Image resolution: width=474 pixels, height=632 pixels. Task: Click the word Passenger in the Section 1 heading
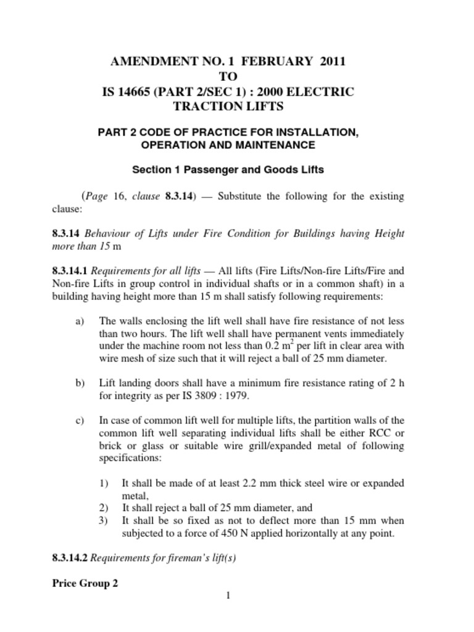click(201, 168)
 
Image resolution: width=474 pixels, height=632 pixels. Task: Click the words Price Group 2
click(85, 583)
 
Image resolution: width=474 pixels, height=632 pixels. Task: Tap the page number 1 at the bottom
click(228, 595)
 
